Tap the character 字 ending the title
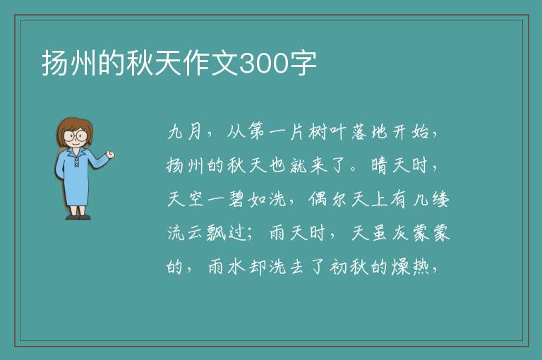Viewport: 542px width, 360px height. [303, 64]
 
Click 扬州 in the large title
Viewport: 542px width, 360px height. [69, 64]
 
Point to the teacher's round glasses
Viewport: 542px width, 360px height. [76, 135]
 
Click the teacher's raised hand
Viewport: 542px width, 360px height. [110, 155]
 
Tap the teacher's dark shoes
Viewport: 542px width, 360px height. [78, 217]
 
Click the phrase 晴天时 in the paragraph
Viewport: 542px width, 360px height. [399, 165]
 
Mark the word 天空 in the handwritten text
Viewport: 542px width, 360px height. [186, 199]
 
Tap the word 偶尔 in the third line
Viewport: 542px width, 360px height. [327, 199]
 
